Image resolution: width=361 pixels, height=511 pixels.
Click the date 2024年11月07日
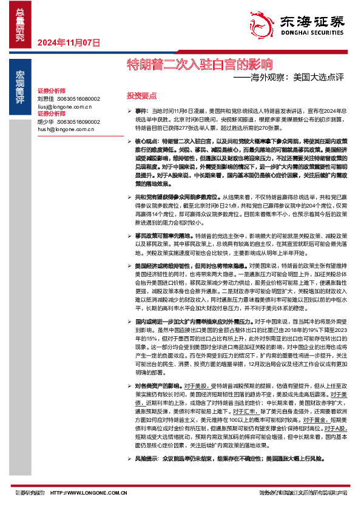68,42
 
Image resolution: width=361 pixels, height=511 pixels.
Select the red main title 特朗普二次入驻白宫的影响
198,64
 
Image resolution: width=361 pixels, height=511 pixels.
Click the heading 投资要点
141,96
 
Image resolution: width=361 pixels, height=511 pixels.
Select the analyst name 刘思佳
46,98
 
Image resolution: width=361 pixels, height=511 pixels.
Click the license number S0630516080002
78,98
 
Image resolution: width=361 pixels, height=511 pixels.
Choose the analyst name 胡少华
46,121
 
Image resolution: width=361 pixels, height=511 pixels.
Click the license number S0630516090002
78,121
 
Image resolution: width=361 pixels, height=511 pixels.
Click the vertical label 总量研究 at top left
20,24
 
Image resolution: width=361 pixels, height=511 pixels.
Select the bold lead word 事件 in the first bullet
141,113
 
